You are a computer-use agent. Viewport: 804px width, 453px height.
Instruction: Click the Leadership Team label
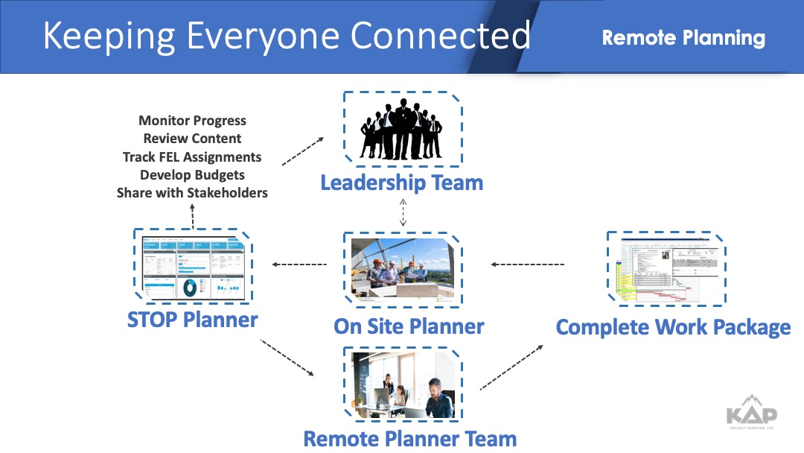(x=401, y=183)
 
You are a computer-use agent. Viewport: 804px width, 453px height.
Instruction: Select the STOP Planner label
(x=192, y=320)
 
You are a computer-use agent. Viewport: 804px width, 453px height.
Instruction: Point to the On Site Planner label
(x=409, y=326)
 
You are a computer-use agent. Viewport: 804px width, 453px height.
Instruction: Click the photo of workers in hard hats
(x=402, y=268)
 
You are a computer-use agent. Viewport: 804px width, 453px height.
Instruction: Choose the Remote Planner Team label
(x=409, y=439)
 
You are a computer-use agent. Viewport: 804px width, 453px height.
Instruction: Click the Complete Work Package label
(x=673, y=327)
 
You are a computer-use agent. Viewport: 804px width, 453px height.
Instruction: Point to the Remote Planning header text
(x=683, y=38)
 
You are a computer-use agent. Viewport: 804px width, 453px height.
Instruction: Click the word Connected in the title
(x=440, y=37)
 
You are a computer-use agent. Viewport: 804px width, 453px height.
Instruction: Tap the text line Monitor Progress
(x=192, y=121)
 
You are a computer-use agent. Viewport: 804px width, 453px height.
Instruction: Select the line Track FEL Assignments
(x=192, y=156)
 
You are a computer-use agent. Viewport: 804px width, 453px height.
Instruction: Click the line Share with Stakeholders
(x=192, y=192)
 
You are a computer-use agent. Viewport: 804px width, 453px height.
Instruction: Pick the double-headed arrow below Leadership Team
(x=403, y=212)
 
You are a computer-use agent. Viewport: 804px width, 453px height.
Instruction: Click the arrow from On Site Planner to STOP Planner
(x=299, y=264)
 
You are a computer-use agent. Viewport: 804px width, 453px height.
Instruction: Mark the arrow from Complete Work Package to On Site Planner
(x=528, y=264)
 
